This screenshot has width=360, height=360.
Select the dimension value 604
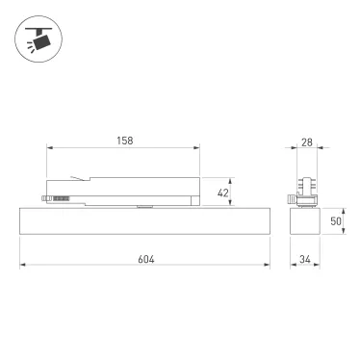[x=144, y=259]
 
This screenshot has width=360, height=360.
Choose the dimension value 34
[x=307, y=259]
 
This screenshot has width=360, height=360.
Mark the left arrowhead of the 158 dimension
[x=49, y=148]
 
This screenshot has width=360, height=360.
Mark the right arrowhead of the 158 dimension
[x=199, y=148]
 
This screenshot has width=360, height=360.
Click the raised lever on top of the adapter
[x=78, y=178]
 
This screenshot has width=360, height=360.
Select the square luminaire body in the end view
[x=307, y=222]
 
